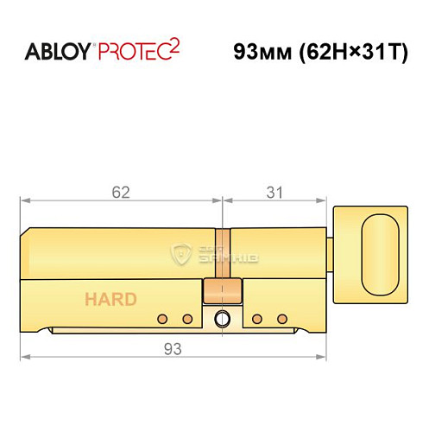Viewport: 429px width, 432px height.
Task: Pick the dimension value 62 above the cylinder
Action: click(x=121, y=192)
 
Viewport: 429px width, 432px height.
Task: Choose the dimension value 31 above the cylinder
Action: click(x=274, y=192)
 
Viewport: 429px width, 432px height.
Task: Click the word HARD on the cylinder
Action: click(x=110, y=300)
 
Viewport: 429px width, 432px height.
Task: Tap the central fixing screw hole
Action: click(x=224, y=318)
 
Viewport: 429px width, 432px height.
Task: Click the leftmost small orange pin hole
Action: click(x=161, y=319)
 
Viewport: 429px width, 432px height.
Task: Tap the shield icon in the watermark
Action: click(x=180, y=254)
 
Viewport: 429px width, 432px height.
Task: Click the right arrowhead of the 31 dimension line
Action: click(x=326, y=200)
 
